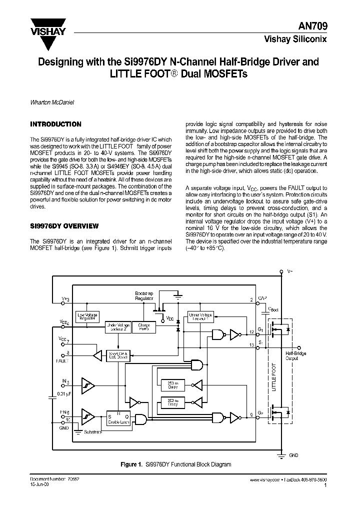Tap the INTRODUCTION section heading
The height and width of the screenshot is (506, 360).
click(x=55, y=124)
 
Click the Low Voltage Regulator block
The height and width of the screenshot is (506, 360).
click(x=87, y=316)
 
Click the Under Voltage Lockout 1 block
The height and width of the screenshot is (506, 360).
click(x=199, y=316)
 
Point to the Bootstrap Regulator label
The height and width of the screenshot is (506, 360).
click(x=144, y=295)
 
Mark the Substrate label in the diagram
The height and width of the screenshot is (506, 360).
click(x=92, y=431)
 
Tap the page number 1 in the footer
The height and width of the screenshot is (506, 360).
click(x=325, y=485)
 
